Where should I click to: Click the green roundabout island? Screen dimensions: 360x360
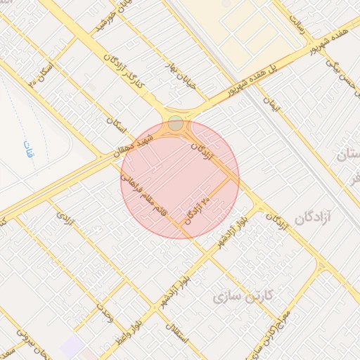[176, 124]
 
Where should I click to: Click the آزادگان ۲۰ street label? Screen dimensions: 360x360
[198, 210]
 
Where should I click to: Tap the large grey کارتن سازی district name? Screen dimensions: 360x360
[236, 296]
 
